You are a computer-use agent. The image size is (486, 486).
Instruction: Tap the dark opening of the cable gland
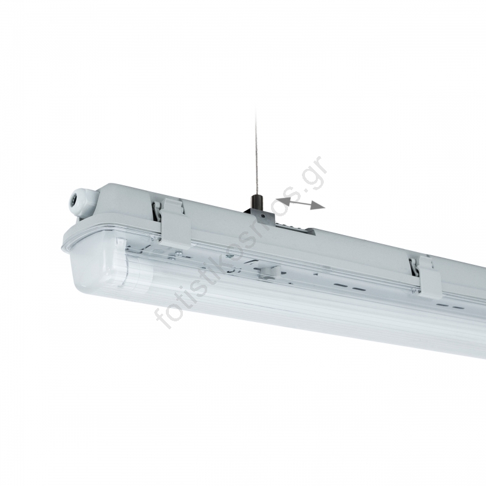coord(75,197)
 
